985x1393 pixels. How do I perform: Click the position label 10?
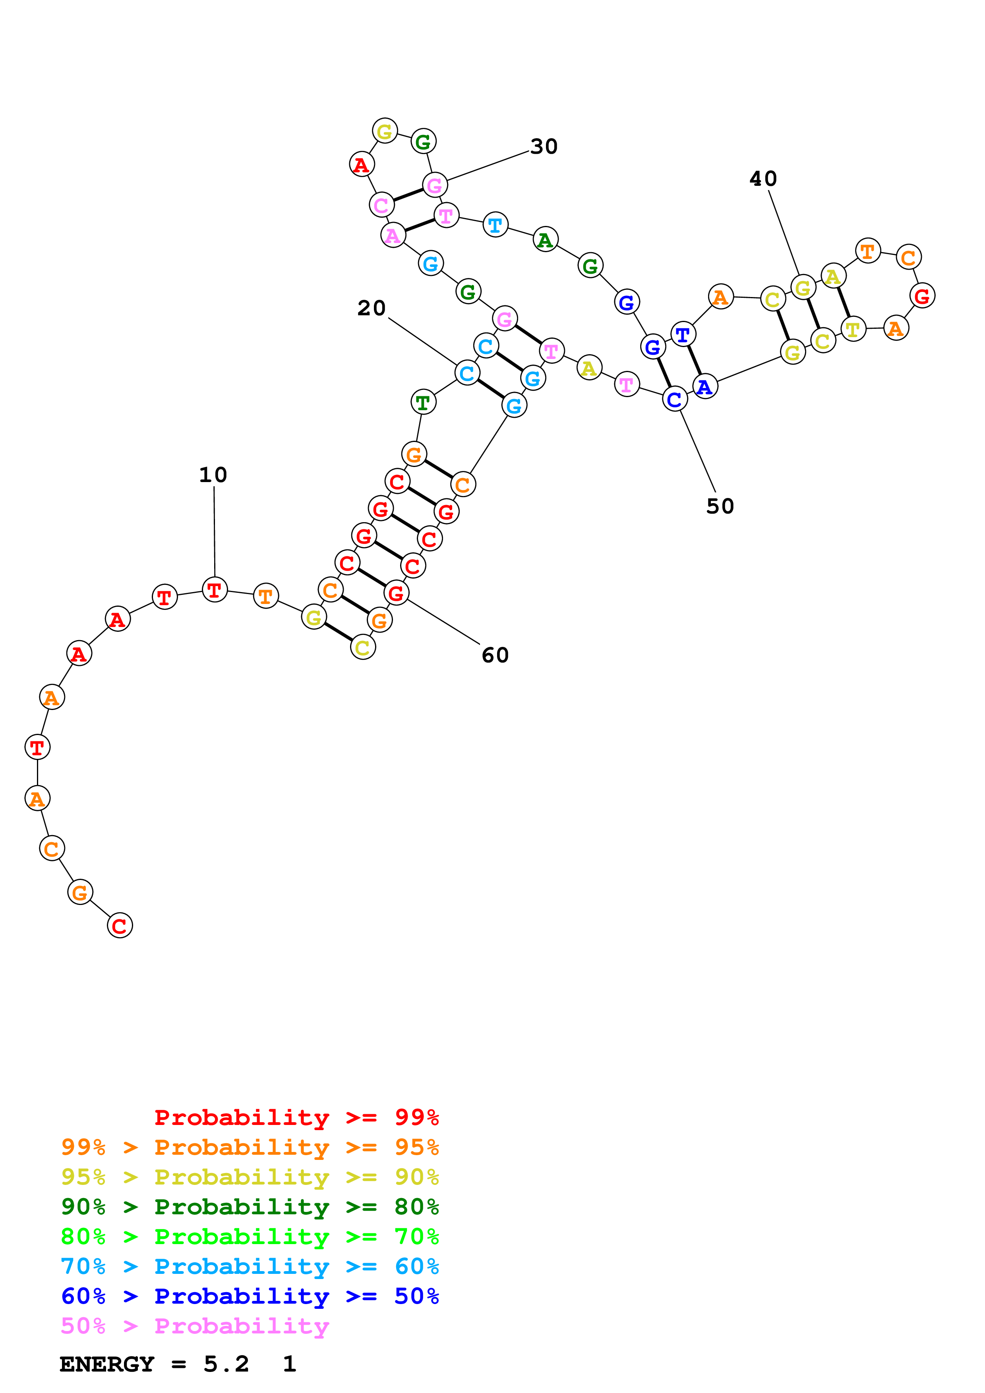coord(213,475)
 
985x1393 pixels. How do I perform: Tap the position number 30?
coord(544,146)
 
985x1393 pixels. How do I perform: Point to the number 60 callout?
coord(495,655)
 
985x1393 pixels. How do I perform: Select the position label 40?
coord(763,178)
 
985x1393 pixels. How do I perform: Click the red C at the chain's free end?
coord(120,925)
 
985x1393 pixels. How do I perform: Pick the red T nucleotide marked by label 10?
coord(214,590)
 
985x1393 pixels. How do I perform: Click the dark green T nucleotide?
coord(423,401)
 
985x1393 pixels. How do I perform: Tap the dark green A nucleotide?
coord(545,240)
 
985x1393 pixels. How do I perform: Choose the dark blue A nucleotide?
coord(704,386)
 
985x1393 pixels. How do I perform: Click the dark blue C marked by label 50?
coord(674,399)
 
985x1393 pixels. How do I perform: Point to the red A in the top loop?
coord(362,164)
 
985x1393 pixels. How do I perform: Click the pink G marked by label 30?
coord(435,185)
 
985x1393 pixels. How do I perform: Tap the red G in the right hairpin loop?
coord(922,296)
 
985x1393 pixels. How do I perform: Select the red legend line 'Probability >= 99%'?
coord(296,1117)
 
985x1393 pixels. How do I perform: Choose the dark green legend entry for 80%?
coord(250,1207)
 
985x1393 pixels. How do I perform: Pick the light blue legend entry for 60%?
coord(250,1266)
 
